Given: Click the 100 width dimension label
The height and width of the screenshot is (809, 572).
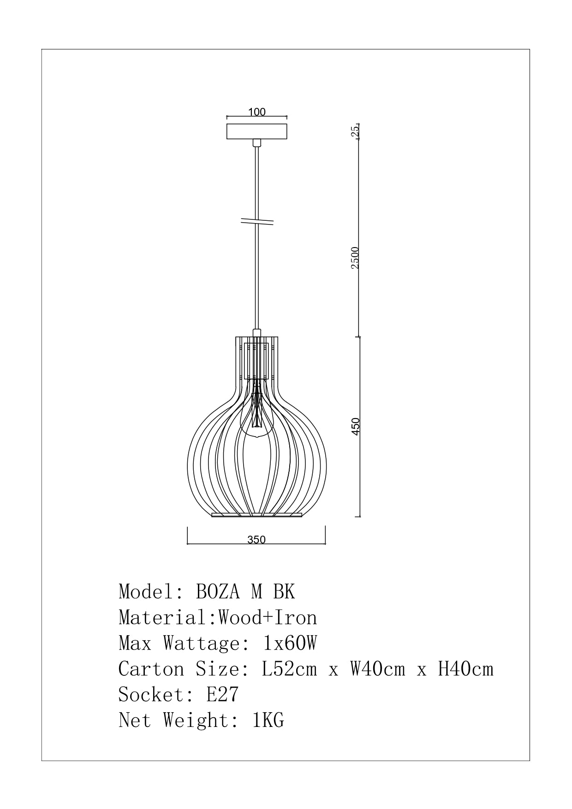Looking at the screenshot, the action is pyautogui.click(x=257, y=112).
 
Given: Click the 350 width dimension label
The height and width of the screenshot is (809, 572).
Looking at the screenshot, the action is pyautogui.click(x=256, y=540).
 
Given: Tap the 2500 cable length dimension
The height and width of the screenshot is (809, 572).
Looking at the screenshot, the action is pyautogui.click(x=355, y=258).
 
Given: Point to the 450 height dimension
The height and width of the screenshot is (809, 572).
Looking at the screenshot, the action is pyautogui.click(x=355, y=426).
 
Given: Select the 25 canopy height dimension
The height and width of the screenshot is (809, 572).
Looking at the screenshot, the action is pyautogui.click(x=355, y=131).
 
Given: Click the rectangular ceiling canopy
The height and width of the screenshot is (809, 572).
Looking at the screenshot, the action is pyautogui.click(x=257, y=131).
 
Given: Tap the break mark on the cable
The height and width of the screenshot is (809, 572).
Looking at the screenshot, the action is pyautogui.click(x=257, y=222).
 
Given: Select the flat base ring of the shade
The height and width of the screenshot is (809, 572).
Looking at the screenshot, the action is pyautogui.click(x=256, y=515).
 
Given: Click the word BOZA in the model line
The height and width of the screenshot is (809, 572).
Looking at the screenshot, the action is pyautogui.click(x=218, y=591).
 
